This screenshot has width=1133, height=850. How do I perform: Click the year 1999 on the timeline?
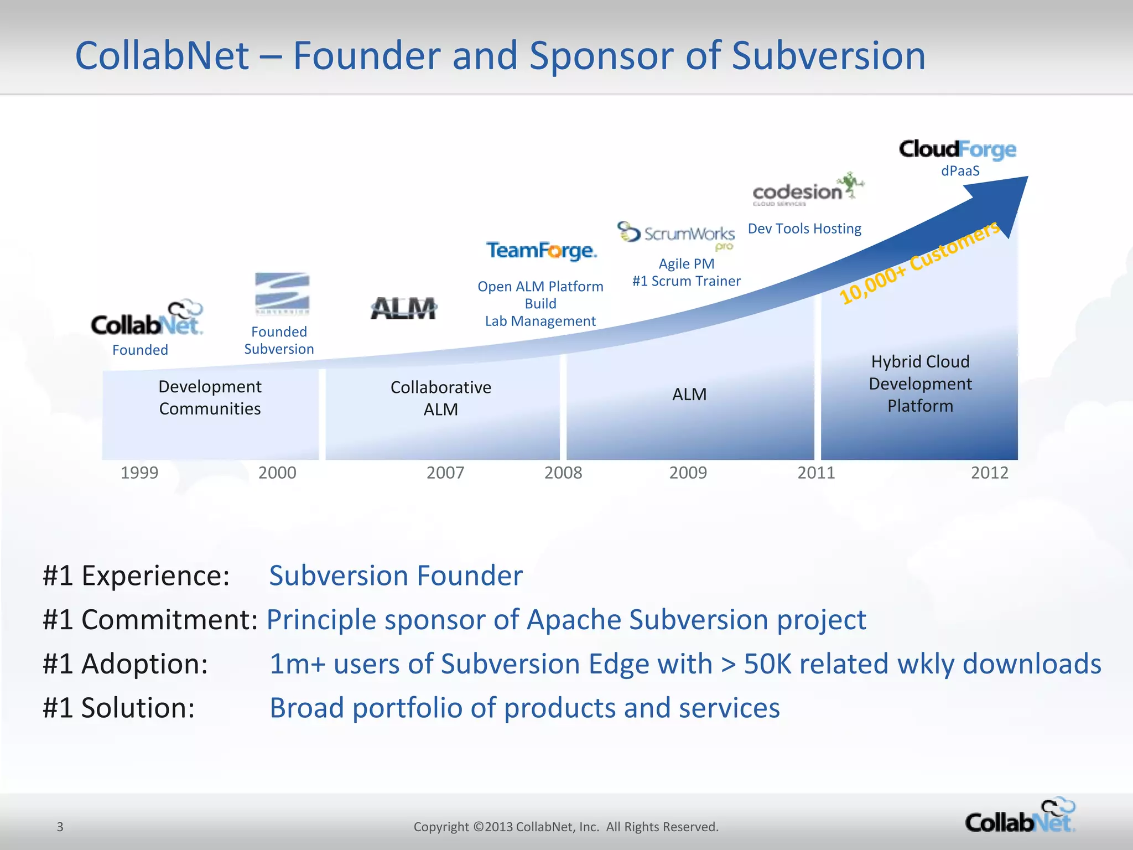click(x=139, y=473)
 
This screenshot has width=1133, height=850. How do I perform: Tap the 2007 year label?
click(x=445, y=473)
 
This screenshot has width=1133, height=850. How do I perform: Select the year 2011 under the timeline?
click(x=816, y=473)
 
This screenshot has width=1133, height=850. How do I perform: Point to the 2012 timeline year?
click(x=990, y=473)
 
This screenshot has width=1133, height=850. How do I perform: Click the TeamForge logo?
click(x=542, y=251)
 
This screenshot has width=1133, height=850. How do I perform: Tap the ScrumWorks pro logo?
click(x=677, y=234)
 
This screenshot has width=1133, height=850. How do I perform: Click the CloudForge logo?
click(x=958, y=149)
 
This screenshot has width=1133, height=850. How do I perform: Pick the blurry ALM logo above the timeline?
click(x=403, y=308)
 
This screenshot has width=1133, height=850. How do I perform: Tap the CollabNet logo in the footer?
click(x=1020, y=816)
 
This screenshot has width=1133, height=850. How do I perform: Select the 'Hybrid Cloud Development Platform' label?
click(x=920, y=383)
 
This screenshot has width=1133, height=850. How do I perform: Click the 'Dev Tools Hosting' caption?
click(x=804, y=229)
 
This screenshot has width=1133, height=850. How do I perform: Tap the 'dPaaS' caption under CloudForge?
click(x=960, y=171)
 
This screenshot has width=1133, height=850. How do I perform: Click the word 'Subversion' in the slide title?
click(x=828, y=56)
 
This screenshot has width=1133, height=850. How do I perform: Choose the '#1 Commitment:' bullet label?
click(x=150, y=619)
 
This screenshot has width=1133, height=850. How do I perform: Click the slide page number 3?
click(x=60, y=827)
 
